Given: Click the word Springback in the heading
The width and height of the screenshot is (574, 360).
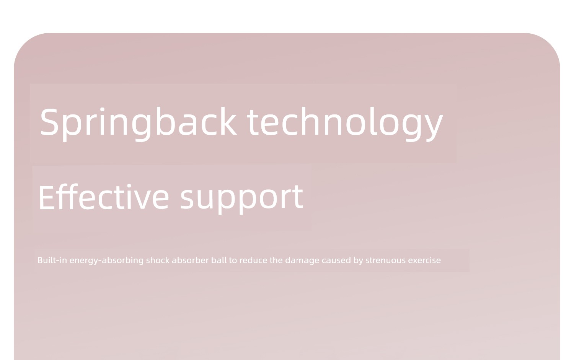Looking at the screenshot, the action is [x=138, y=124].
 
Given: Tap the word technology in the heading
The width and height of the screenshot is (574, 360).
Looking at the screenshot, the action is [x=345, y=124].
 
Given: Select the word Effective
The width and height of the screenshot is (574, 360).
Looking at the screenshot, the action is [x=104, y=197].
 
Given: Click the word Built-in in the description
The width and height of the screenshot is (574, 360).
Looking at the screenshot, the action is [x=52, y=260].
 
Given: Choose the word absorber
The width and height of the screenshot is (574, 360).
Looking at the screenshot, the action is [x=190, y=260].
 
